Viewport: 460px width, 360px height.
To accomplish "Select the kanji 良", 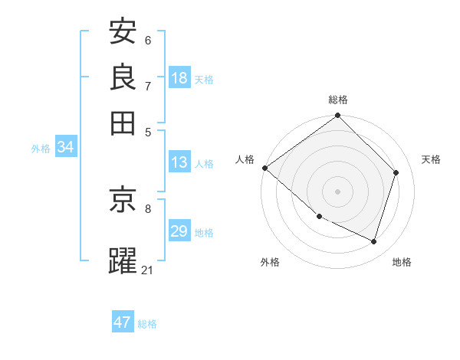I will (x=123, y=77).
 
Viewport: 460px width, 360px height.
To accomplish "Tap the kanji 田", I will (x=123, y=123).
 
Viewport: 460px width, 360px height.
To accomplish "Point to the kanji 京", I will (x=123, y=199).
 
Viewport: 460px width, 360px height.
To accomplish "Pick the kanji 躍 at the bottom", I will (x=123, y=261).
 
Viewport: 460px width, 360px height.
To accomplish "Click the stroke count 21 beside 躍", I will (x=148, y=270).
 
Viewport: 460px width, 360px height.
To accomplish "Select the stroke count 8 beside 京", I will (x=148, y=208).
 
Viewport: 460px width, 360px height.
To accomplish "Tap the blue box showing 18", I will (x=179, y=78).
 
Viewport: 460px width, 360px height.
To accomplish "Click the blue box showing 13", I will (x=179, y=162).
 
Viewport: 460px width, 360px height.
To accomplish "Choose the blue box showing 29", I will (x=179, y=231).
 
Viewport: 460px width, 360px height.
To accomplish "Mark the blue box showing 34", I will (x=65, y=148).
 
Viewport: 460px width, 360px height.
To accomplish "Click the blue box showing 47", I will (x=123, y=322).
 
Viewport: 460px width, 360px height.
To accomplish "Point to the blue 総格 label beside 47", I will (x=147, y=324).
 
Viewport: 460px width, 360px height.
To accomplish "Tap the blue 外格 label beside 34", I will (x=41, y=149).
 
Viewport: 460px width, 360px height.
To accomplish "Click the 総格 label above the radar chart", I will (x=338, y=100).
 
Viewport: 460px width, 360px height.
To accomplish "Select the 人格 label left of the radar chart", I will (x=245, y=159).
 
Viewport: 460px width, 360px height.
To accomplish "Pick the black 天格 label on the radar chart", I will (x=432, y=159).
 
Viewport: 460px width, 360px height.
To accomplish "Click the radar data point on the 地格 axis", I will (x=374, y=241).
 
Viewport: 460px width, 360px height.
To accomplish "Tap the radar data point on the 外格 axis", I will (x=319, y=216).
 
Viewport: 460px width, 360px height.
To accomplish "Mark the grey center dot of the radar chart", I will (x=338, y=191).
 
